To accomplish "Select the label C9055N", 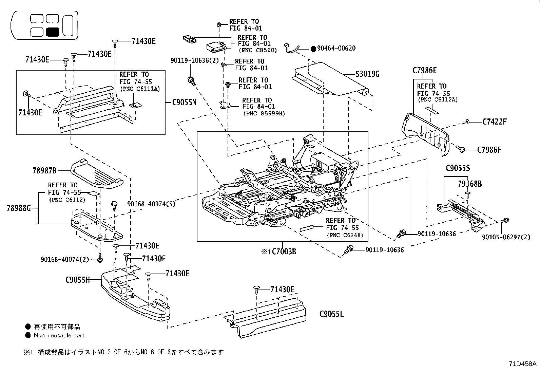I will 184,102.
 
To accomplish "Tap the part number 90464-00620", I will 336,49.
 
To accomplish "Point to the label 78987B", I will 44,170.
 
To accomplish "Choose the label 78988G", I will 18,207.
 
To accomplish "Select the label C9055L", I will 331,314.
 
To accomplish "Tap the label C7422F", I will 494,122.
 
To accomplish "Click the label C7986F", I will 489,150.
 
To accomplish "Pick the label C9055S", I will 458,168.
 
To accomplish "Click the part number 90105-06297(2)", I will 506,237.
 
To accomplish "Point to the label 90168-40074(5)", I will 151,204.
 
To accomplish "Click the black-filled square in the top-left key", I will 53,32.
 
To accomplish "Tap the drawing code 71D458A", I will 522,363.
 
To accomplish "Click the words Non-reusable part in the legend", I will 59,335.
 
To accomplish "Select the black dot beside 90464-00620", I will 313,49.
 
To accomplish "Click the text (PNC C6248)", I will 345,235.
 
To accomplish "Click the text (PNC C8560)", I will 258,50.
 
